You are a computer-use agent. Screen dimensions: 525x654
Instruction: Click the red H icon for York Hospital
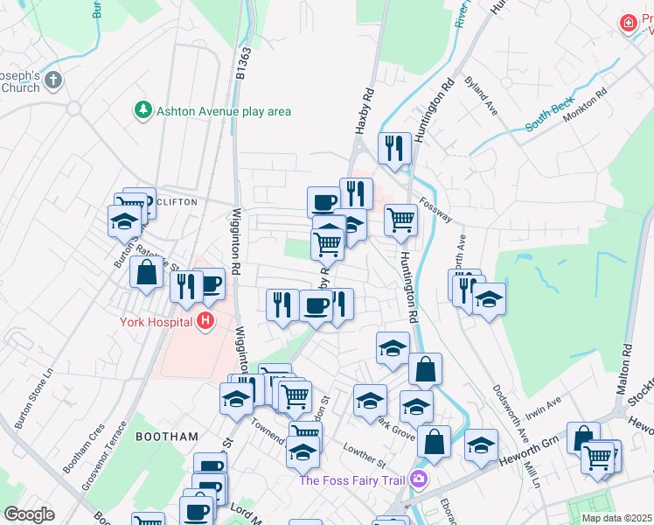205,322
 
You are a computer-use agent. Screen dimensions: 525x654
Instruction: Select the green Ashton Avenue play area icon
142,110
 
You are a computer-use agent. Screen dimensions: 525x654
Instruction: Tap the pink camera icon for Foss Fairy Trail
419,479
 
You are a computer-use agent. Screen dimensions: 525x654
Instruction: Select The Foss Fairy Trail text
353,479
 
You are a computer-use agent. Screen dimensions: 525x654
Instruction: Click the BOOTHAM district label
167,435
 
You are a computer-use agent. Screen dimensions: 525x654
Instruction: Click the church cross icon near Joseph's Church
53,81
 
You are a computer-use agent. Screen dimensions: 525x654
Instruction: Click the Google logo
28,514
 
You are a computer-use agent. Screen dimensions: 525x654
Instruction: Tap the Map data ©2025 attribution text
617,518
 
